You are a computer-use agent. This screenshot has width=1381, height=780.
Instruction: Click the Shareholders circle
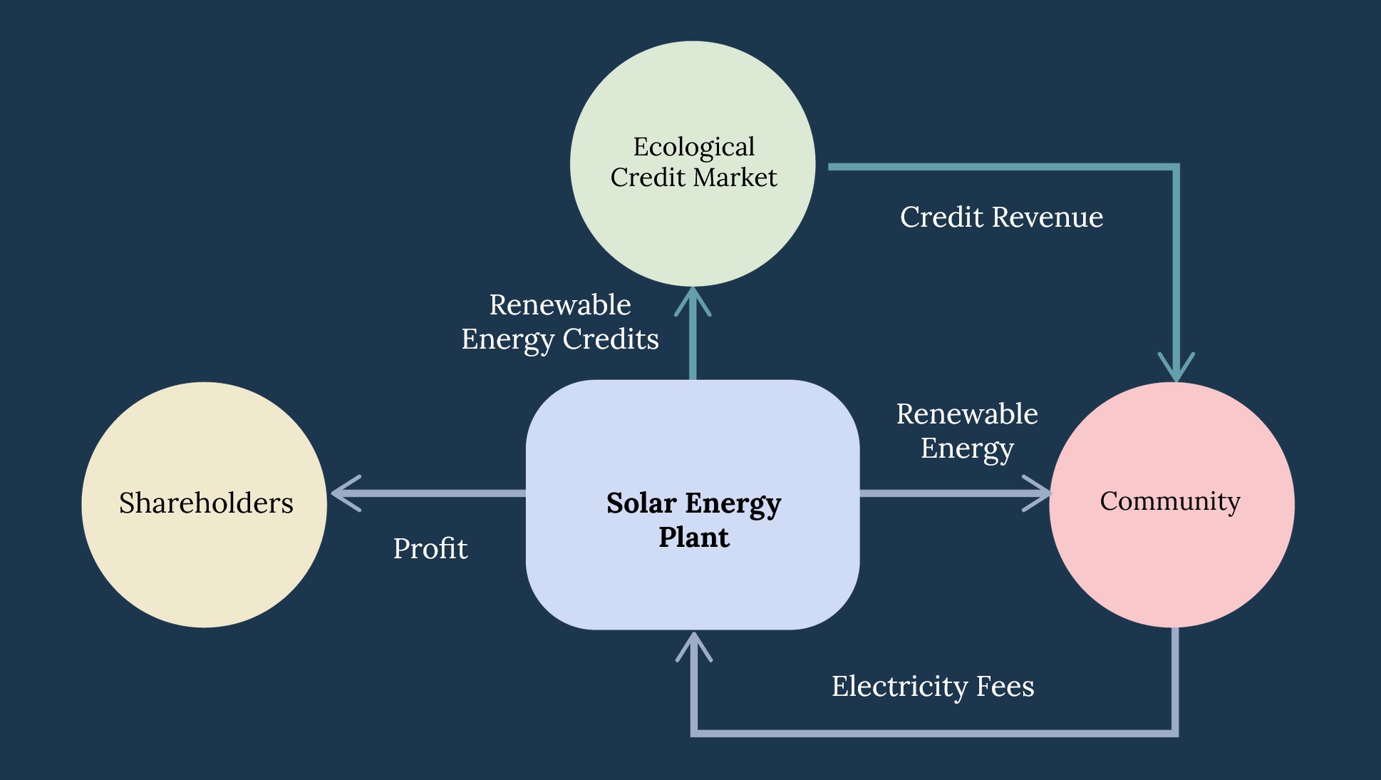205,505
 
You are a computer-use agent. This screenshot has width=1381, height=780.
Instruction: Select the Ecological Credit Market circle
693,163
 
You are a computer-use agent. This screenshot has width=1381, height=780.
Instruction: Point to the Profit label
430,549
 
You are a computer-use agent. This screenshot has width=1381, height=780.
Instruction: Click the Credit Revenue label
1001,217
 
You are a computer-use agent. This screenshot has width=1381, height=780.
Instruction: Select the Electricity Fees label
933,687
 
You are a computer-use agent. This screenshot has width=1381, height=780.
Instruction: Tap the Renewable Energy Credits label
560,322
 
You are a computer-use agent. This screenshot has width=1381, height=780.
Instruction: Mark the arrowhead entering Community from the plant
1039,493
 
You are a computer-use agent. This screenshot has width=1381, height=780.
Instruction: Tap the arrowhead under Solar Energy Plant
693,645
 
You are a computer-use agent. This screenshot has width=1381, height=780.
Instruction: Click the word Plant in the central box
694,538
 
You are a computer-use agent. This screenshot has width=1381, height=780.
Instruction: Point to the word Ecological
693,148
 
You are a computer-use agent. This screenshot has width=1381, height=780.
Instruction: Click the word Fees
1005,687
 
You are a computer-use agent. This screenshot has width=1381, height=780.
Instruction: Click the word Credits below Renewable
611,339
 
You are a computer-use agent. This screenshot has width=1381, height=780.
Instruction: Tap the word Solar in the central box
641,503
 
